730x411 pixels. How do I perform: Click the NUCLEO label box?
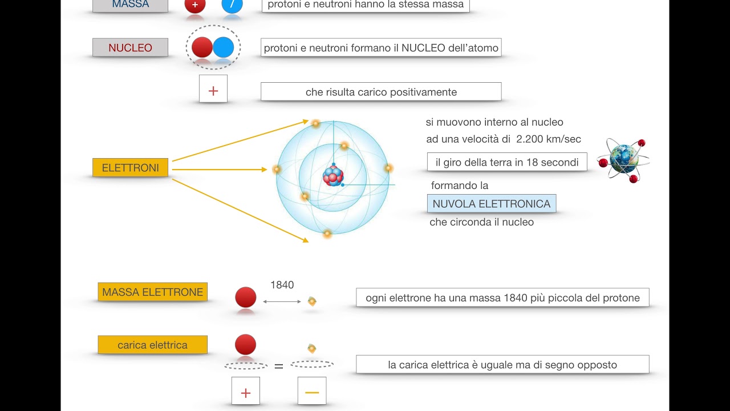point(130,48)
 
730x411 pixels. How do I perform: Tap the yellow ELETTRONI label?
point(130,168)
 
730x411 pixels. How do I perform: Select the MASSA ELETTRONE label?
point(152,292)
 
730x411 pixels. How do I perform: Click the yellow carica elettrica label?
point(152,345)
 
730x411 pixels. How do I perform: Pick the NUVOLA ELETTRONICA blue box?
point(491,204)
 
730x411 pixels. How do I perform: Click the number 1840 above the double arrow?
point(282,285)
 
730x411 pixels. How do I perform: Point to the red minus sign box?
point(312,392)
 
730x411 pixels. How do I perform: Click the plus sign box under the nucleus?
point(213,91)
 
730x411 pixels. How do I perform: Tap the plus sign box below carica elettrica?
point(246,392)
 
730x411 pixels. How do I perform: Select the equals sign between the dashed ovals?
point(279,366)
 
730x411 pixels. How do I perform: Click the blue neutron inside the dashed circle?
point(224,47)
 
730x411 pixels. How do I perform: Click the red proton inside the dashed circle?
point(202,47)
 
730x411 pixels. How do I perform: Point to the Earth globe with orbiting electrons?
point(623,159)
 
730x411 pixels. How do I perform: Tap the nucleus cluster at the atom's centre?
point(333,175)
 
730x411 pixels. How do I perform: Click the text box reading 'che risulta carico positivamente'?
point(381,92)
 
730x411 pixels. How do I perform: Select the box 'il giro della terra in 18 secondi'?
point(507,162)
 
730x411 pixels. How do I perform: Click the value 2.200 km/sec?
point(549,139)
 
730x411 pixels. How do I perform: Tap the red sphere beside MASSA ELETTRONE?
point(246,297)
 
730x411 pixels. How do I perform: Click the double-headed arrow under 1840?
point(282,301)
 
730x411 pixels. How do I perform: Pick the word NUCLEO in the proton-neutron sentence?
point(423,48)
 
